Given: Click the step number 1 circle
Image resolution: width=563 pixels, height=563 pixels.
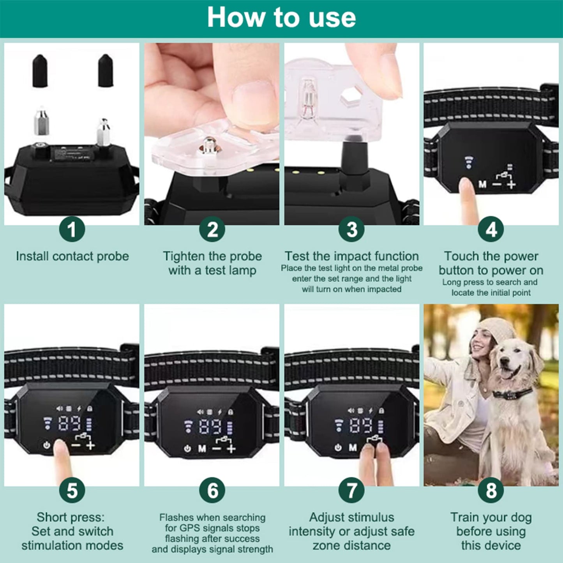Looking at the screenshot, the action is click(x=72, y=229).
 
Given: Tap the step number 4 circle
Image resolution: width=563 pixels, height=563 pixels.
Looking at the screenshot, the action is click(x=491, y=229).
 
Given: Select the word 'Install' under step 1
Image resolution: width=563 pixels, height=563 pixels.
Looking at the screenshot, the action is click(x=32, y=256).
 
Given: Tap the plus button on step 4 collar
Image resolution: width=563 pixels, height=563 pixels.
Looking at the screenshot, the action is click(x=511, y=184).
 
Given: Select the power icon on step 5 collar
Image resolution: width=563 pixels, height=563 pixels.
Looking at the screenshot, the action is click(x=47, y=445).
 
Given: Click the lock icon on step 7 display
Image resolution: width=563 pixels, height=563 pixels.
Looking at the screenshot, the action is click(x=381, y=411).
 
